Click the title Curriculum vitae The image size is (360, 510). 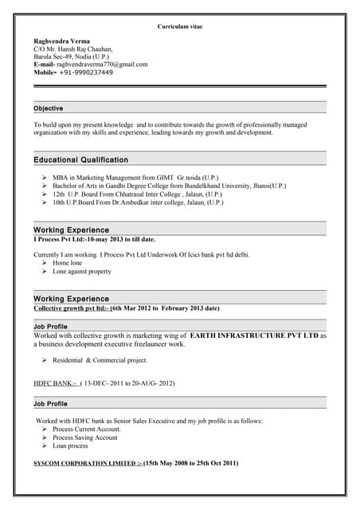pyautogui.click(x=180, y=26)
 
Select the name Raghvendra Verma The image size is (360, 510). pyautogui.click(x=61, y=41)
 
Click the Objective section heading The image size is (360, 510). pyautogui.click(x=49, y=108)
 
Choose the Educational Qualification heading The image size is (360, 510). pyautogui.click(x=80, y=160)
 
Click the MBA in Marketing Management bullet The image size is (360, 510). pyautogui.click(x=135, y=177)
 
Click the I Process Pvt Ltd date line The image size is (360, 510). pyautogui.click(x=94, y=239)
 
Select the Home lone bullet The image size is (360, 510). pyautogui.click(x=67, y=262)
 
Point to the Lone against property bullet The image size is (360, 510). pyautogui.click(x=81, y=271)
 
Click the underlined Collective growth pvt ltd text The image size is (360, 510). pyautogui.click(x=71, y=308)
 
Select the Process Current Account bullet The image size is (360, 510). pyautogui.click(x=86, y=429)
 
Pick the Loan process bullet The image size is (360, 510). pyautogui.click(x=70, y=445)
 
